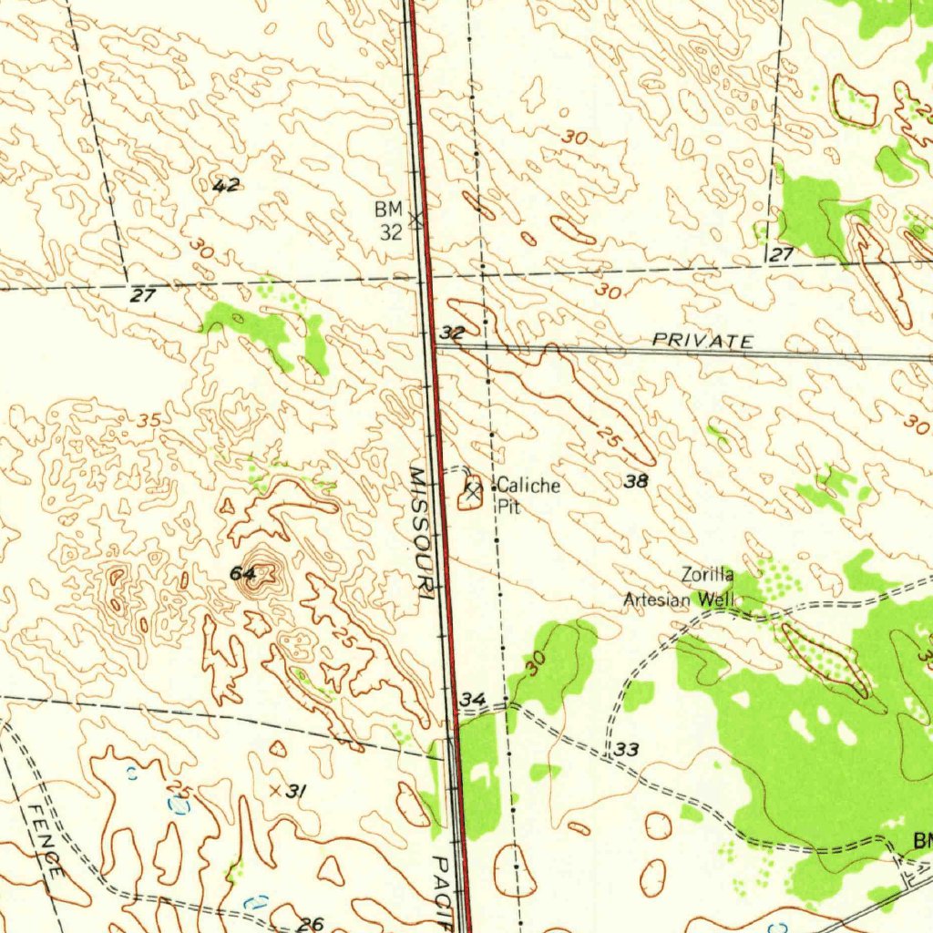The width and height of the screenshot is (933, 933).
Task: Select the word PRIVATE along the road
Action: [702, 341]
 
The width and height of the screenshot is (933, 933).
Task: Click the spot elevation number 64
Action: [242, 573]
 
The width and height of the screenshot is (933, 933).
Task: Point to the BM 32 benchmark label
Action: [389, 221]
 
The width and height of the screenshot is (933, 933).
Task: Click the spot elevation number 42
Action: [226, 186]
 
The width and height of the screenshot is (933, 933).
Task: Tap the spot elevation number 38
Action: [636, 482]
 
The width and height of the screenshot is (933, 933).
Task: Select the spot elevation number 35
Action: [149, 421]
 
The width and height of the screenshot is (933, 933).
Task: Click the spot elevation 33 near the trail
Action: [626, 750]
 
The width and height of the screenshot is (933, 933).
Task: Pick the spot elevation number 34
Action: [473, 699]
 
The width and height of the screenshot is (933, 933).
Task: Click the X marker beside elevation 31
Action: [274, 791]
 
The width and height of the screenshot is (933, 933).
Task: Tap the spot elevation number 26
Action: [311, 924]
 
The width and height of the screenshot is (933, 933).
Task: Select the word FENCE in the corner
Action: [44, 840]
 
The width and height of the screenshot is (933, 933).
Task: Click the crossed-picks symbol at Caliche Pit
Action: [472, 490]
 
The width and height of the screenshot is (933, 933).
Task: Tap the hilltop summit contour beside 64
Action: [264, 573]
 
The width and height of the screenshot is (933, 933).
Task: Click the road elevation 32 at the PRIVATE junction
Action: [453, 334]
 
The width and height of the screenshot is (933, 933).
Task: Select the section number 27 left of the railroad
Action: [143, 295]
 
